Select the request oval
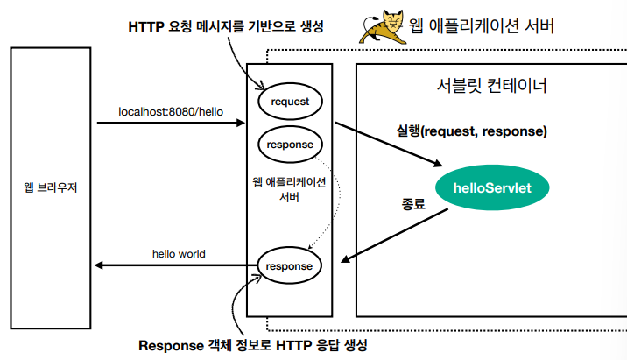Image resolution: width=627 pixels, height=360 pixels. pos(291,102)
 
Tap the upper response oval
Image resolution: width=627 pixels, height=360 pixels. pos(291,143)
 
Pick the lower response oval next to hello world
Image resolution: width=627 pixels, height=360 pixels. pos(291,264)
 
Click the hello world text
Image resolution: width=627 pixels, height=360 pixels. pos(179,254)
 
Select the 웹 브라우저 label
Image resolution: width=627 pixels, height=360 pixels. pos(52,186)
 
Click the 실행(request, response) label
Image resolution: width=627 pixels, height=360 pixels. pos(471,131)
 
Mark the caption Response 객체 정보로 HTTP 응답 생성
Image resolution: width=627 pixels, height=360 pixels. pos(253,344)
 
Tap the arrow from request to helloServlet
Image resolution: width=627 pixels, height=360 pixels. pos(385,144)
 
